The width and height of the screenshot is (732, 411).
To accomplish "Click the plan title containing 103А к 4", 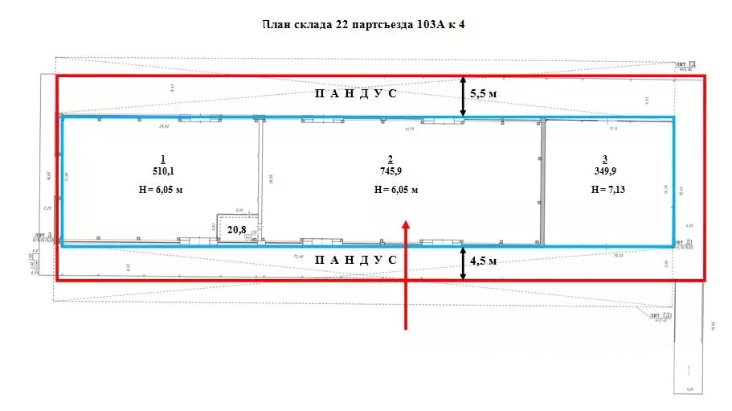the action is click(x=364, y=24).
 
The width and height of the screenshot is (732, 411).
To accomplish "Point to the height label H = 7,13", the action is click(x=607, y=190).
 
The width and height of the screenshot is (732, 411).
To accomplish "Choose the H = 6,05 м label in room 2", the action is click(x=396, y=190).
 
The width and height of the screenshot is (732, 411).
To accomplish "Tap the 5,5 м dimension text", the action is click(x=482, y=94).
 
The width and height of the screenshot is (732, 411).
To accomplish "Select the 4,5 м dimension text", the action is click(x=482, y=261).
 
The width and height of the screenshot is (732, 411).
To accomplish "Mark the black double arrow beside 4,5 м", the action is click(x=463, y=263).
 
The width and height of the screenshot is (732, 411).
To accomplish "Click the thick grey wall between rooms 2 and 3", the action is click(x=542, y=181).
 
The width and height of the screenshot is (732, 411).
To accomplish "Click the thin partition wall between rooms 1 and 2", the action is click(x=260, y=169).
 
